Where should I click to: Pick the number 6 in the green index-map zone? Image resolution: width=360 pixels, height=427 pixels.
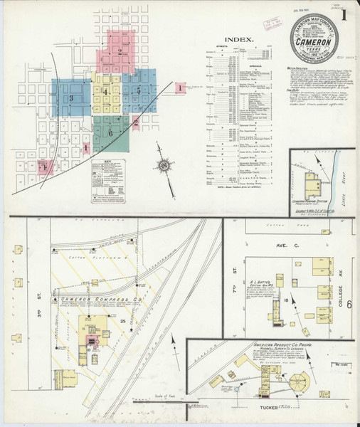click(111, 133)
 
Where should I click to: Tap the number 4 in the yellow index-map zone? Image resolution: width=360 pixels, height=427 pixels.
click(105, 93)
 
